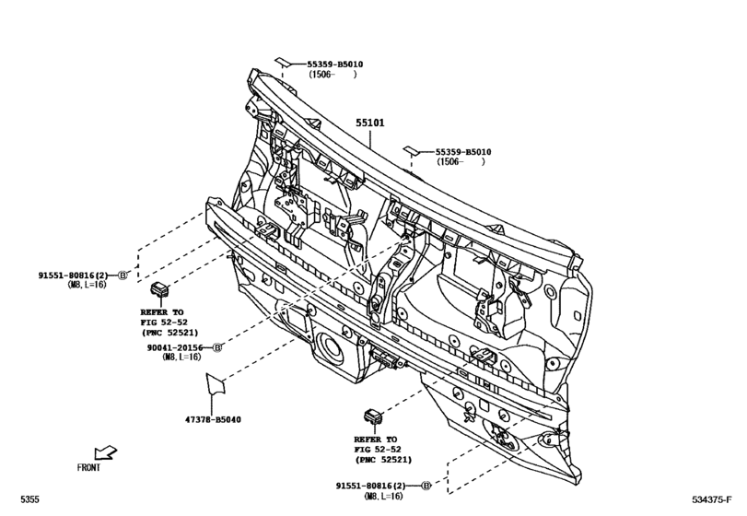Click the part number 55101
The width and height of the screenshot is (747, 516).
(371, 123)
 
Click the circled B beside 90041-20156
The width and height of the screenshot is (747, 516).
(217, 346)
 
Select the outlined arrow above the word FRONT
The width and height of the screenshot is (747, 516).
(106, 451)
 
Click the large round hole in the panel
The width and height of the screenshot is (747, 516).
(327, 349)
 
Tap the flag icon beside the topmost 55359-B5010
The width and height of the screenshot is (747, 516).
(287, 64)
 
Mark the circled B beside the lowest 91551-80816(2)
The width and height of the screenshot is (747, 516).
(426, 485)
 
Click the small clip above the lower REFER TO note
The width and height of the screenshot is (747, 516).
(373, 415)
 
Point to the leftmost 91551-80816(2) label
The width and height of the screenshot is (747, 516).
(74, 276)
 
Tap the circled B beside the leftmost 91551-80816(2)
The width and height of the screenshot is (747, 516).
(123, 276)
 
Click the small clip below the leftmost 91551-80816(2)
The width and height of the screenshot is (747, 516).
(160, 289)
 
